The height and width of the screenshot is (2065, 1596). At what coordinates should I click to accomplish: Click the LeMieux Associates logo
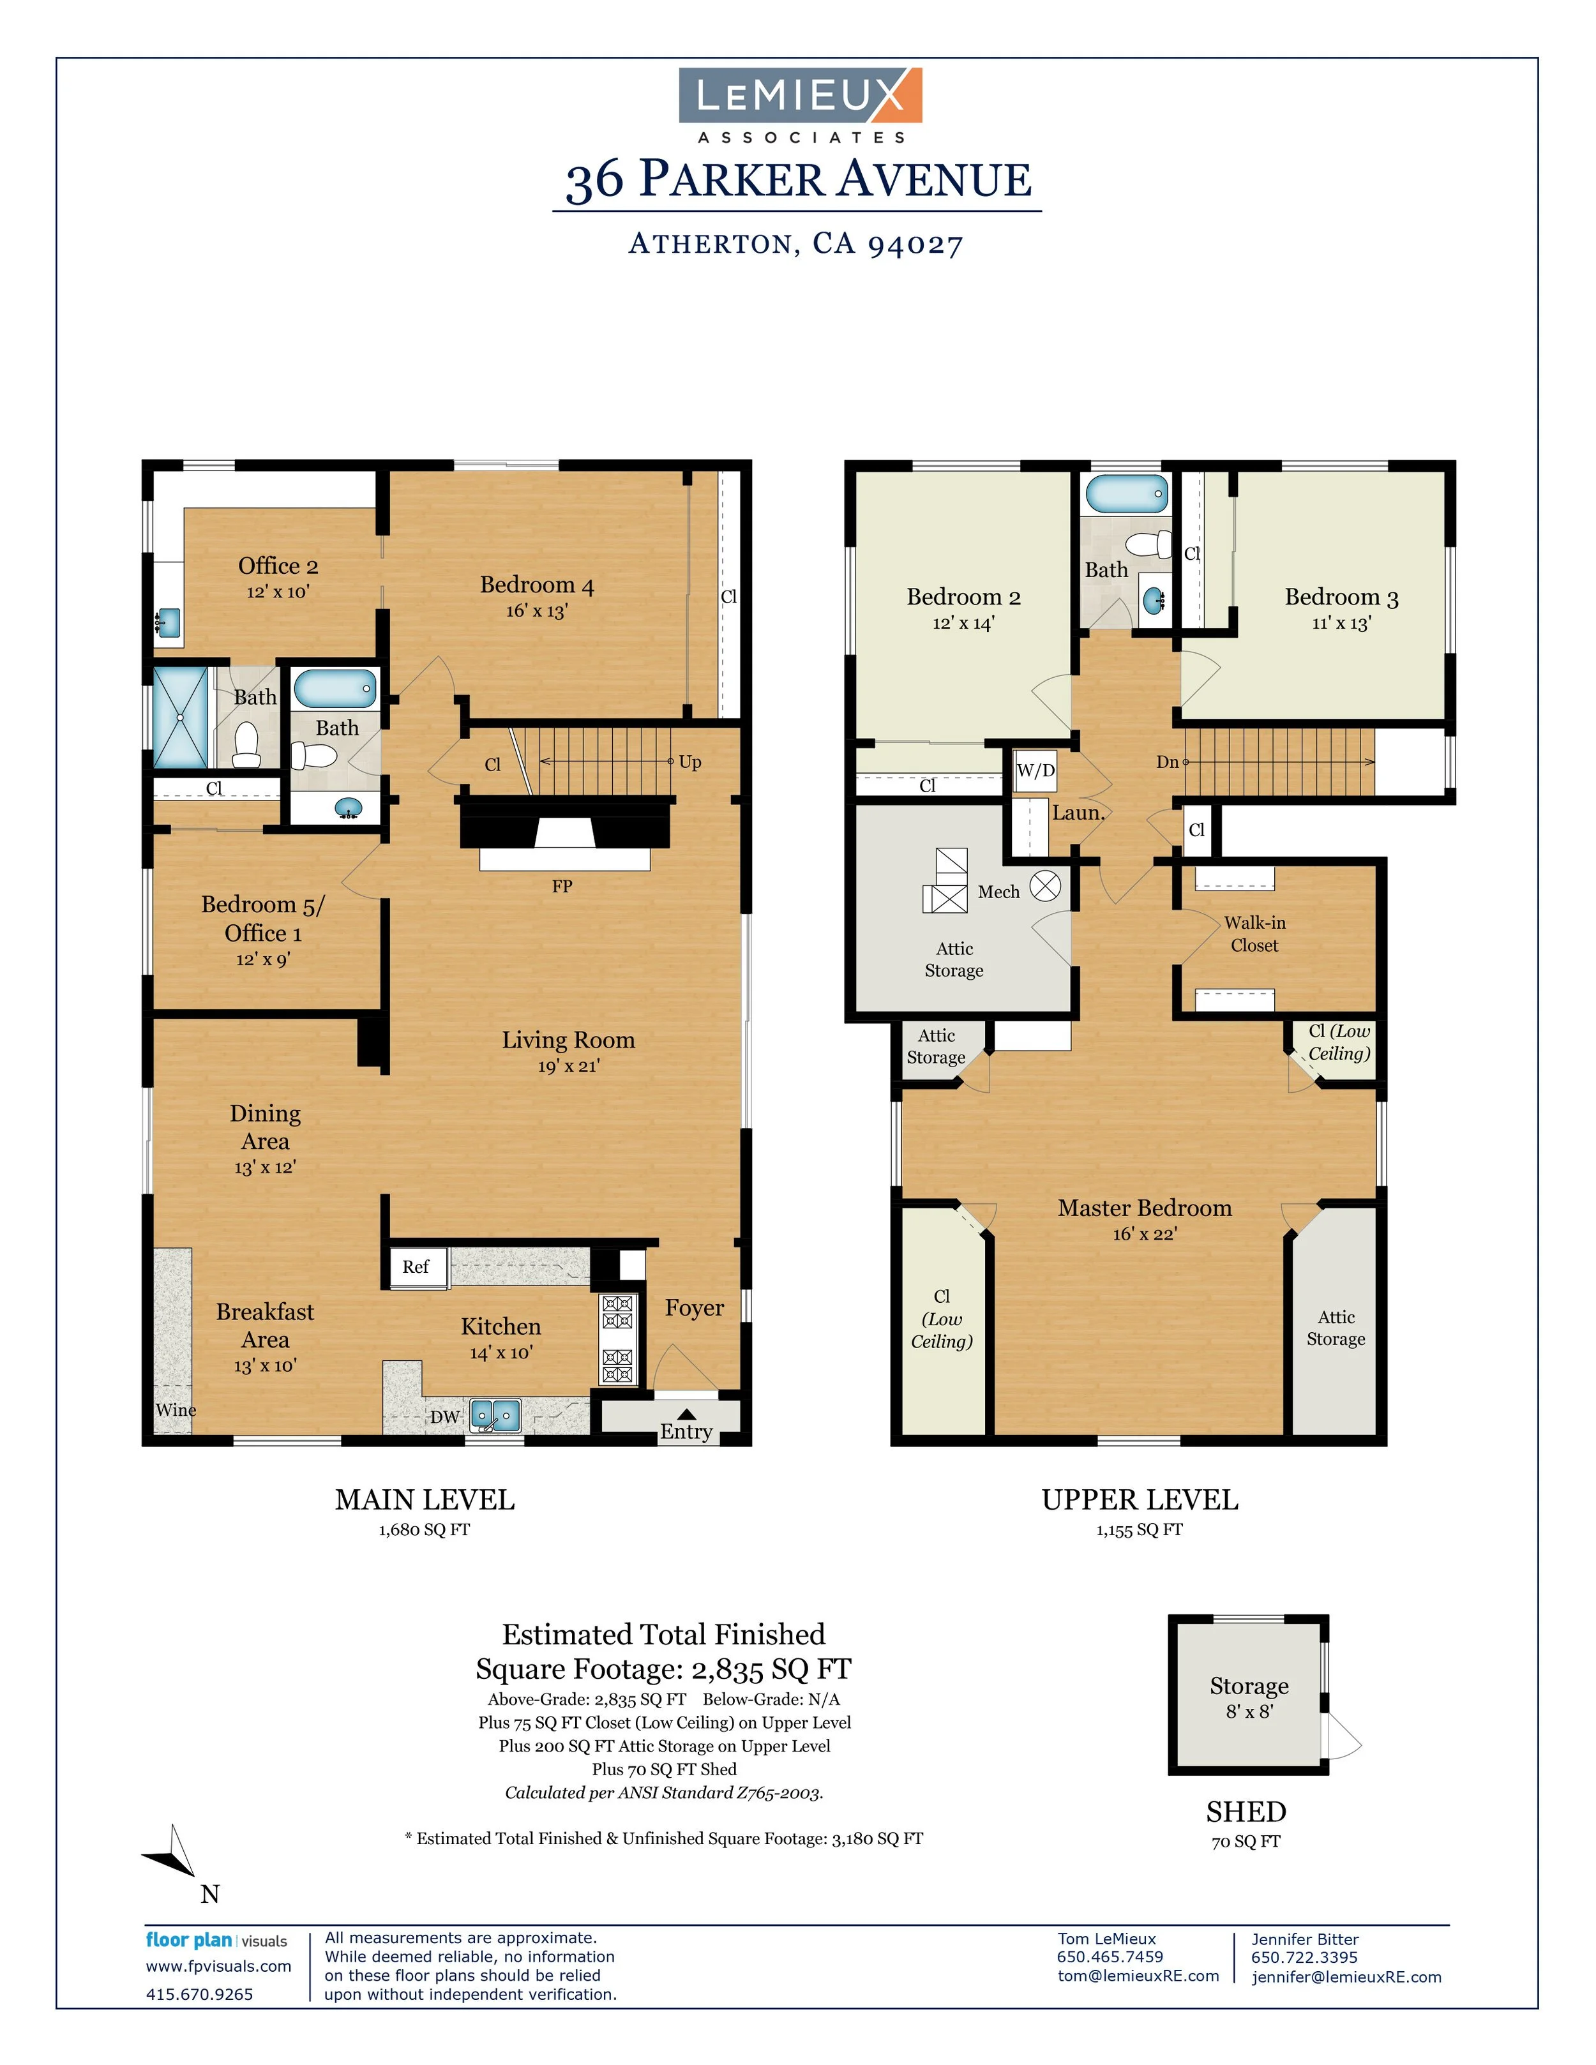[x=800, y=104]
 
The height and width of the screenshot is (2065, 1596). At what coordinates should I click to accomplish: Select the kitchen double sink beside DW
[x=495, y=1415]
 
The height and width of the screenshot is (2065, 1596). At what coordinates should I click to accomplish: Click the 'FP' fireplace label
[x=562, y=886]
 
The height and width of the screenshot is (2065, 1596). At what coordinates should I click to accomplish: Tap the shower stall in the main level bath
[x=179, y=717]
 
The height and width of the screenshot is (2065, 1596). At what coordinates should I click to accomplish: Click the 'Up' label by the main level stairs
[x=690, y=762]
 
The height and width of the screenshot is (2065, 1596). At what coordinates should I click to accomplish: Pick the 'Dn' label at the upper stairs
[x=1168, y=762]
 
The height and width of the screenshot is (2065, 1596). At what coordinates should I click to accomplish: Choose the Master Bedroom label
[x=1144, y=1208]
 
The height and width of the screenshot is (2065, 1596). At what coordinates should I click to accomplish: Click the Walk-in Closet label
[x=1254, y=933]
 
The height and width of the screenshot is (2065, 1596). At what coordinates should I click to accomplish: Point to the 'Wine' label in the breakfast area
[x=176, y=1410]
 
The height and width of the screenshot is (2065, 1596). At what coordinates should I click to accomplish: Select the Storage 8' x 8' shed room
[x=1248, y=1697]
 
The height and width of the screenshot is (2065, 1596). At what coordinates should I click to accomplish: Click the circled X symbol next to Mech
[x=1045, y=886]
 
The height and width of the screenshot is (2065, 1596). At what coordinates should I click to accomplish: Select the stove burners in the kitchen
[x=617, y=1340]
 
